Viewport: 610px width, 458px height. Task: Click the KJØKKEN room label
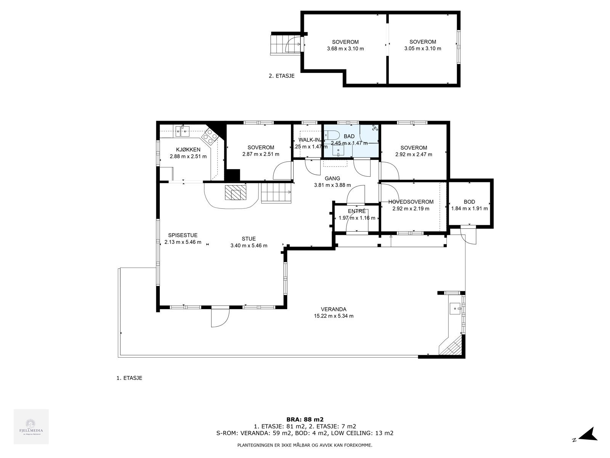tap(188, 150)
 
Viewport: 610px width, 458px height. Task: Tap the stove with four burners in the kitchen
tap(210, 136)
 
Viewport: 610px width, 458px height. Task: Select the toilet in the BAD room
tap(332, 135)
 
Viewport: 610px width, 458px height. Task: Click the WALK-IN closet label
tap(309, 140)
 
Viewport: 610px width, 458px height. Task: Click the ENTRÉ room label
tap(357, 211)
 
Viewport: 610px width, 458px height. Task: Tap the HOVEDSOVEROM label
tap(411, 202)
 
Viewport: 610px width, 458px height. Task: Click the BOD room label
tap(469, 202)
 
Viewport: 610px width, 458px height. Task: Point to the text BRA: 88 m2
tap(305, 419)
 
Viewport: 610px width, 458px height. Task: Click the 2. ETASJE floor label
tap(281, 76)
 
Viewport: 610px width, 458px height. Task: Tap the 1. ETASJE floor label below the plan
tap(129, 378)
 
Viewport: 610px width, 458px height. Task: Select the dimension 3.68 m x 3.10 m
tap(345, 48)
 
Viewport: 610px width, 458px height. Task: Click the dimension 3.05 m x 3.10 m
tap(422, 48)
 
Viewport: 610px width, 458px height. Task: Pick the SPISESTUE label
tap(183, 235)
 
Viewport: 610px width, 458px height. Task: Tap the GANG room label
tap(332, 178)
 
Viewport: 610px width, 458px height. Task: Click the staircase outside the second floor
tap(279, 44)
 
